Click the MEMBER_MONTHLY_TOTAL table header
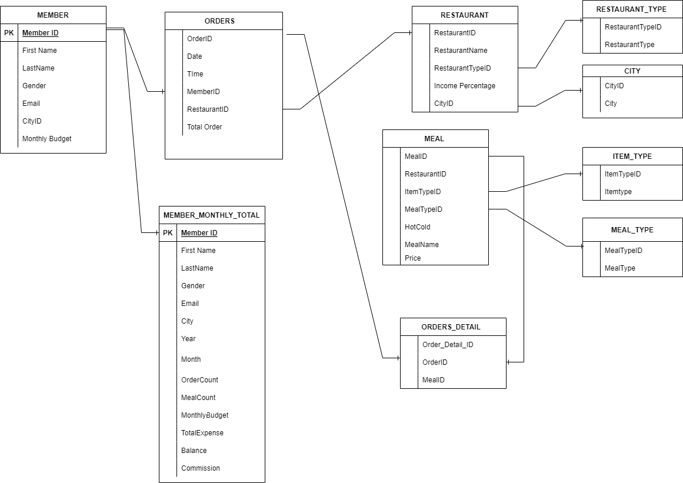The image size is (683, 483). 212,215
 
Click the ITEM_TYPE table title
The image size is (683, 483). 632,156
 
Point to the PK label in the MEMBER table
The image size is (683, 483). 9,33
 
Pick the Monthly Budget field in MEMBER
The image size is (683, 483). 47,139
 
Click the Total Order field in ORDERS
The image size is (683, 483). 204,127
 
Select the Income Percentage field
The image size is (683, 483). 465,86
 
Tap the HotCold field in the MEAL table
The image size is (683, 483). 418,227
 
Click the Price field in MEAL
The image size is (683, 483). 413,258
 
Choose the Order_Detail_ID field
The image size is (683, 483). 448,345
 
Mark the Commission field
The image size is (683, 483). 201,468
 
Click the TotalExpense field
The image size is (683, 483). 202,433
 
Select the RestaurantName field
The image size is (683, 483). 461,51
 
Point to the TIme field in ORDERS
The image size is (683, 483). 195,74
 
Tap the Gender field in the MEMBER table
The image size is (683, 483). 34,86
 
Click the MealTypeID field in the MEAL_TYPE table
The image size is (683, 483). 624,251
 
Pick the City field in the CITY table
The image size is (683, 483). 611,104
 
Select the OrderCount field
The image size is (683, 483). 199,380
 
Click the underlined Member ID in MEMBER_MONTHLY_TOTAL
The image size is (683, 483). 199,233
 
